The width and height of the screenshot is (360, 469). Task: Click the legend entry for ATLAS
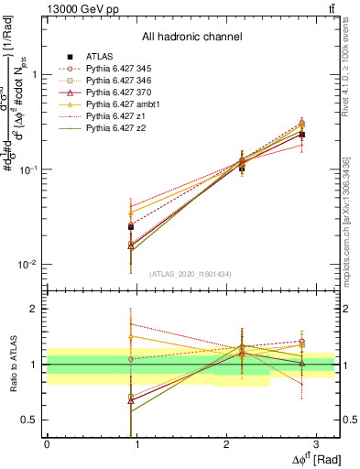click(99, 56)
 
